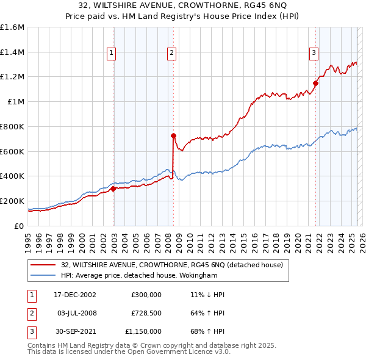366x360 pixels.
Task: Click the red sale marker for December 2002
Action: point(113,189)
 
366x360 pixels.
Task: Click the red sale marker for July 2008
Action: point(173,135)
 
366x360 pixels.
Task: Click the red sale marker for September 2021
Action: point(316,83)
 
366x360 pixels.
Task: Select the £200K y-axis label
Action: point(12,201)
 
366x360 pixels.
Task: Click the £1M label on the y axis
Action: point(16,102)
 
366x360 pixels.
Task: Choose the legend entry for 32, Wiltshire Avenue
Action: point(171,265)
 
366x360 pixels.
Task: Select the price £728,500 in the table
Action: point(146,313)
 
